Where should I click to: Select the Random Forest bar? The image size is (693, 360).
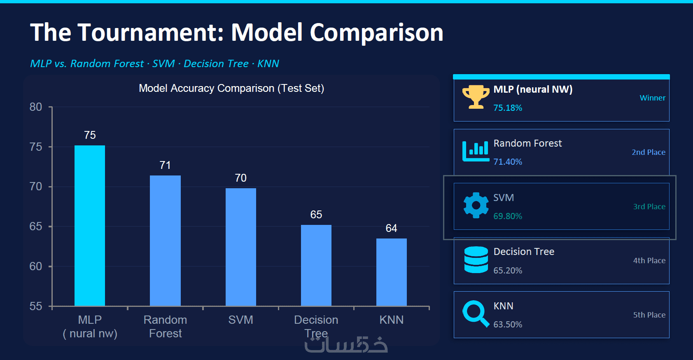165,241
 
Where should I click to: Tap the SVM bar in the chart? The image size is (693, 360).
241,247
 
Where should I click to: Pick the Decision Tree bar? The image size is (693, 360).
316,265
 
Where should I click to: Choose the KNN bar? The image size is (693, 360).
392,272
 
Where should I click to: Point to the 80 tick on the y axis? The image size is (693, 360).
36,107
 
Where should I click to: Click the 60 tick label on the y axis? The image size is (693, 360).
36,266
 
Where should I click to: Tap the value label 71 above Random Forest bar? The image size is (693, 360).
165,165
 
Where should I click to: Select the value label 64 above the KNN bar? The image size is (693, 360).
392,228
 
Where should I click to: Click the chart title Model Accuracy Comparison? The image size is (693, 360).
231,88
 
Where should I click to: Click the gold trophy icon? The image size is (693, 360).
476,97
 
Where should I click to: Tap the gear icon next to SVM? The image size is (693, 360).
476,205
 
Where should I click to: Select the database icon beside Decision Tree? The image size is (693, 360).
476,259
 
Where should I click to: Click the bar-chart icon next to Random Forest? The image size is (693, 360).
476,151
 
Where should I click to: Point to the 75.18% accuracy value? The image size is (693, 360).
508,108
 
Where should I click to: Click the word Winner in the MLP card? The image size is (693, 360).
652,98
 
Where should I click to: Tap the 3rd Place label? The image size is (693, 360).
649,206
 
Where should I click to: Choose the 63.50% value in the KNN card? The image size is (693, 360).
508,325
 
